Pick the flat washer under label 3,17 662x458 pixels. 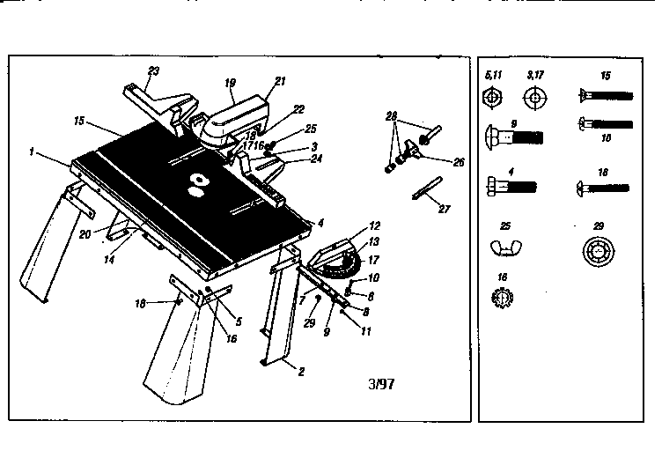pyautogui.click(x=534, y=96)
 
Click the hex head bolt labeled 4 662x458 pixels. pyautogui.click(x=510, y=187)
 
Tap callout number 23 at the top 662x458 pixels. pyautogui.click(x=152, y=70)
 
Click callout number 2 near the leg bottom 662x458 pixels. pyautogui.click(x=302, y=372)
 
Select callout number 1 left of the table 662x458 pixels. pyautogui.click(x=31, y=152)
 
